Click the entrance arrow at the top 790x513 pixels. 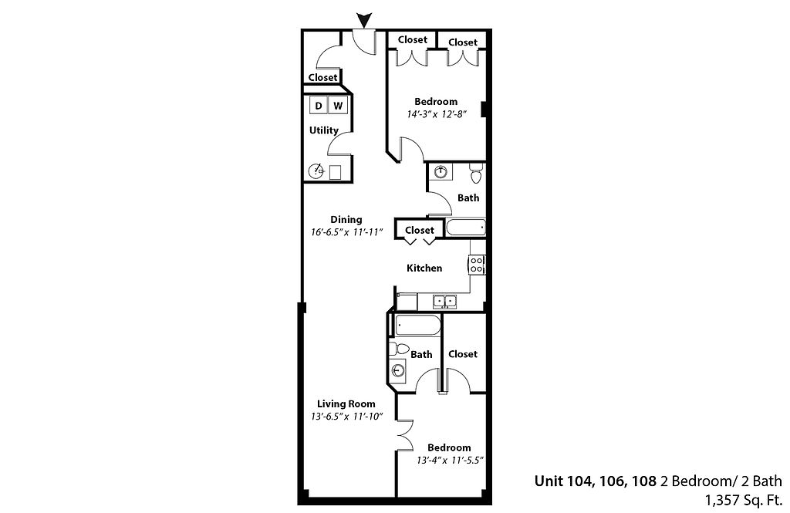[364, 21]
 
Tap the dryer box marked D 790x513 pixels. [318, 106]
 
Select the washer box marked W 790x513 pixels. [338, 106]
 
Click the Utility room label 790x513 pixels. [323, 130]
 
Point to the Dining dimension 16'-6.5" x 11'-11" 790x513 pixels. [347, 232]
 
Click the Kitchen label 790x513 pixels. [424, 268]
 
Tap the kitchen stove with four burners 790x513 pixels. [477, 265]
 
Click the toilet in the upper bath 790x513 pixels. [476, 173]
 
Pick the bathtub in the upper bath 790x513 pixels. [466, 228]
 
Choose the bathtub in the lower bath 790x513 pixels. [418, 325]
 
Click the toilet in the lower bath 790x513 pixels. [399, 349]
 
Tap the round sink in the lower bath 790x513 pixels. [399, 371]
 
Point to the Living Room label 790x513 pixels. [346, 403]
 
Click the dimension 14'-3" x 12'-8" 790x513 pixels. [437, 114]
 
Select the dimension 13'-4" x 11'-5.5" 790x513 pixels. [450, 460]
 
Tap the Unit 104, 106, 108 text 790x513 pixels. [596, 481]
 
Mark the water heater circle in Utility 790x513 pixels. [316, 170]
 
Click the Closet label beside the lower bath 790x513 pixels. [463, 354]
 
